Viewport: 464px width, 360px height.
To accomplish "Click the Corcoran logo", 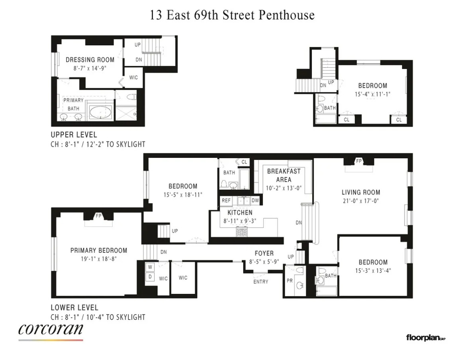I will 51,330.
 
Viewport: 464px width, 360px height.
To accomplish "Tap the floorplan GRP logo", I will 425,338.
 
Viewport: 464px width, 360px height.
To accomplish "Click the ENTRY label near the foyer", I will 260,281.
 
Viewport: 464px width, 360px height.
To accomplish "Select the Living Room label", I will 360,192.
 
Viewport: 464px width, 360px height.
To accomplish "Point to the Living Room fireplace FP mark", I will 358,161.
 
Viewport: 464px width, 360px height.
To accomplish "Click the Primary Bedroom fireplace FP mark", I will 98,216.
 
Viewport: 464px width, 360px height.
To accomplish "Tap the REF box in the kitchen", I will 226,201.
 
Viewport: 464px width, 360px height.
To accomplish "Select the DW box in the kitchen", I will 255,201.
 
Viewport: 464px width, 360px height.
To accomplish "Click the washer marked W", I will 151,267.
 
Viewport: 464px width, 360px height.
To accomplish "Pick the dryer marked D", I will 151,276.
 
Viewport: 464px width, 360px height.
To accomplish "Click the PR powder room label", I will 290,280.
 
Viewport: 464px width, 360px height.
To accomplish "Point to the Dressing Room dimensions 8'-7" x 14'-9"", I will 90,68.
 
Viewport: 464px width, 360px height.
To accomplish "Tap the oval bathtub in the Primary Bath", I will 100,113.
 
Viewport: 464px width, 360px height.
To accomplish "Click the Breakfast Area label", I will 284,175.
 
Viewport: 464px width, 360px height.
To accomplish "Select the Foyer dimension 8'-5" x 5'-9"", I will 264,262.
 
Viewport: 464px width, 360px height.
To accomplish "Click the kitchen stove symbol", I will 241,232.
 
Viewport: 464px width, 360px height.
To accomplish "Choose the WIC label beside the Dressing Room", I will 133,77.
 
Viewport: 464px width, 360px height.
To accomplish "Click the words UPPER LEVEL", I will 74,135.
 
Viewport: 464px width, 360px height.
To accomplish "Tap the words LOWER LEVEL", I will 74,308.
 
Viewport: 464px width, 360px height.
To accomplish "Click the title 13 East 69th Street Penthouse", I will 232,15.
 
